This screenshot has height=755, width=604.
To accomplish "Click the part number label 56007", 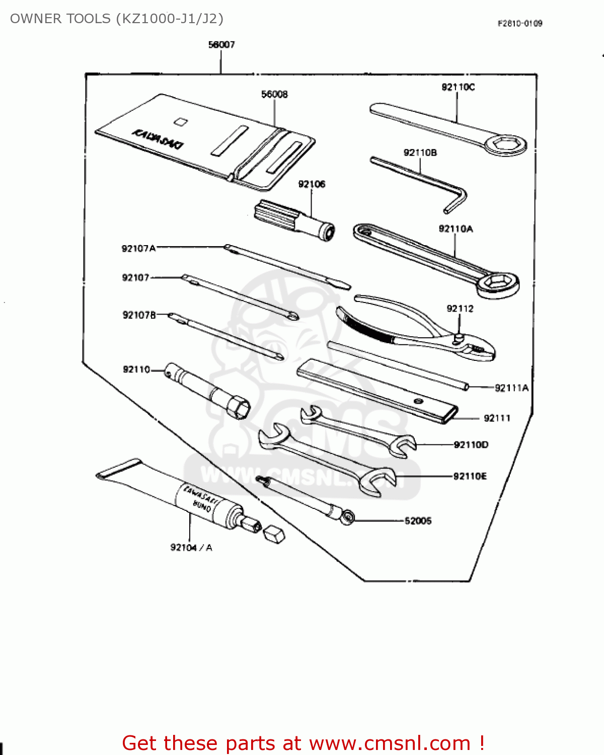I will tap(221, 45).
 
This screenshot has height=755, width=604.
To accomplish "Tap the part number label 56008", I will tap(274, 94).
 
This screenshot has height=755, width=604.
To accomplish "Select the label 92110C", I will tap(458, 87).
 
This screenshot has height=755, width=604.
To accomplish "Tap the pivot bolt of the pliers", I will tap(459, 338).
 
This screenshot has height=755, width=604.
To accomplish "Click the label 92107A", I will tap(138, 248).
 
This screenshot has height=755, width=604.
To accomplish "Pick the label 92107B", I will tap(139, 315).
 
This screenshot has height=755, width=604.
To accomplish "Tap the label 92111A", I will tap(511, 388).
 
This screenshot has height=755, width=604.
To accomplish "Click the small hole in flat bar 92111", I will tap(417, 401).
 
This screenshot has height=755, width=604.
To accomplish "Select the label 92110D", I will tap(471, 444).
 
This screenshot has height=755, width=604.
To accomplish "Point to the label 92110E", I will tap(470, 476).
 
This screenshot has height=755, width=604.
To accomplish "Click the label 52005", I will tap(418, 520).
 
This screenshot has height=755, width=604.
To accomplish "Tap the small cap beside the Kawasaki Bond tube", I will tap(274, 535).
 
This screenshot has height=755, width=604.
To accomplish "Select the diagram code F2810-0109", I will tap(520, 23).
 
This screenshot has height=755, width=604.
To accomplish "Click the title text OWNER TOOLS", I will tap(60, 19).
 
